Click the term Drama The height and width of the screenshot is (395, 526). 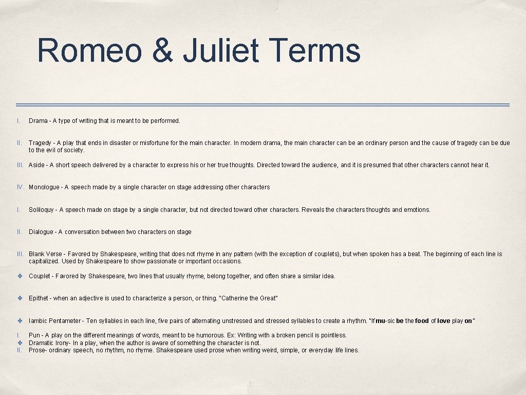(x=38, y=121)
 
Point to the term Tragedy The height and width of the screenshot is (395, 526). (x=40, y=143)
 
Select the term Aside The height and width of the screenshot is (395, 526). (x=36, y=165)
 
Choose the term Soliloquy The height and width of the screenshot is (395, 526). (x=42, y=210)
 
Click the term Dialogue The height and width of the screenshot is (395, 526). (x=41, y=232)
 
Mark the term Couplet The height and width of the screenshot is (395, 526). (x=40, y=276)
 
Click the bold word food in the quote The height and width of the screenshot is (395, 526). (x=421, y=321)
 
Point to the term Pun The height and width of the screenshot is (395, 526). (x=34, y=335)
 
